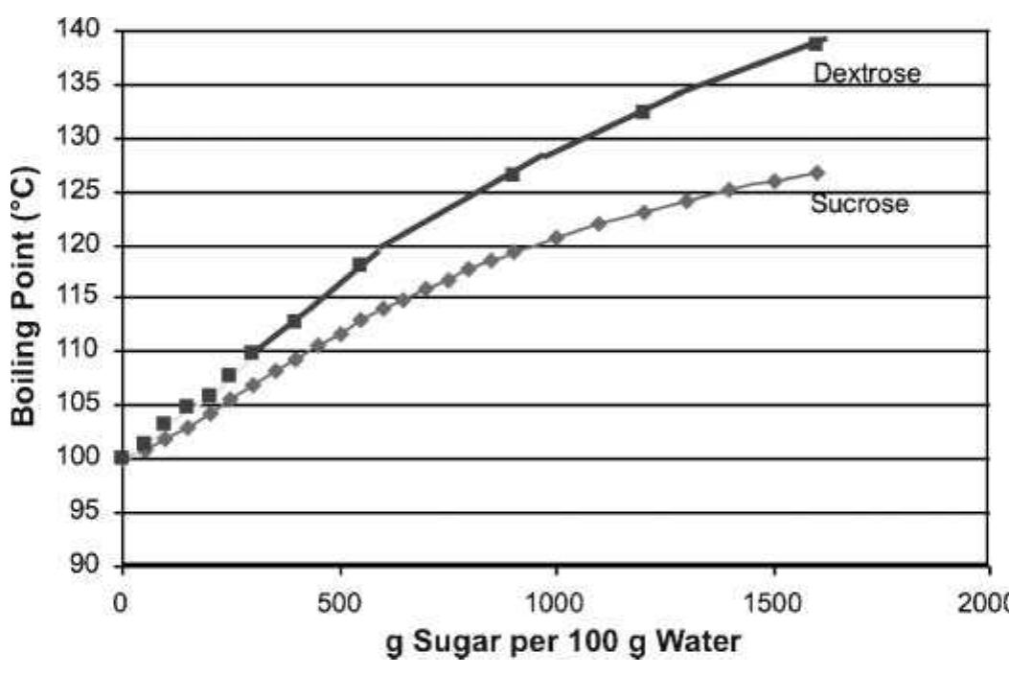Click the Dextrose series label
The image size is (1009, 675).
(866, 73)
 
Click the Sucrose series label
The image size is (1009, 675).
(859, 203)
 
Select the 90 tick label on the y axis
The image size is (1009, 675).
(85, 565)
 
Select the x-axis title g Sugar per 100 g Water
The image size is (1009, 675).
(562, 641)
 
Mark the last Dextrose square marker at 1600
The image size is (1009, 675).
(815, 43)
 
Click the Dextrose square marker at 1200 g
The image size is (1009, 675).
(642, 111)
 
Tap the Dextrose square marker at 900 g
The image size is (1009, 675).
(512, 174)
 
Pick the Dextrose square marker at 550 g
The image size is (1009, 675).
(360, 264)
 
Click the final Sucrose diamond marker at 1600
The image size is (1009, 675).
(816, 173)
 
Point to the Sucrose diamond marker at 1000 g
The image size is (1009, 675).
(556, 237)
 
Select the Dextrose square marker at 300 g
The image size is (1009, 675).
(252, 353)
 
